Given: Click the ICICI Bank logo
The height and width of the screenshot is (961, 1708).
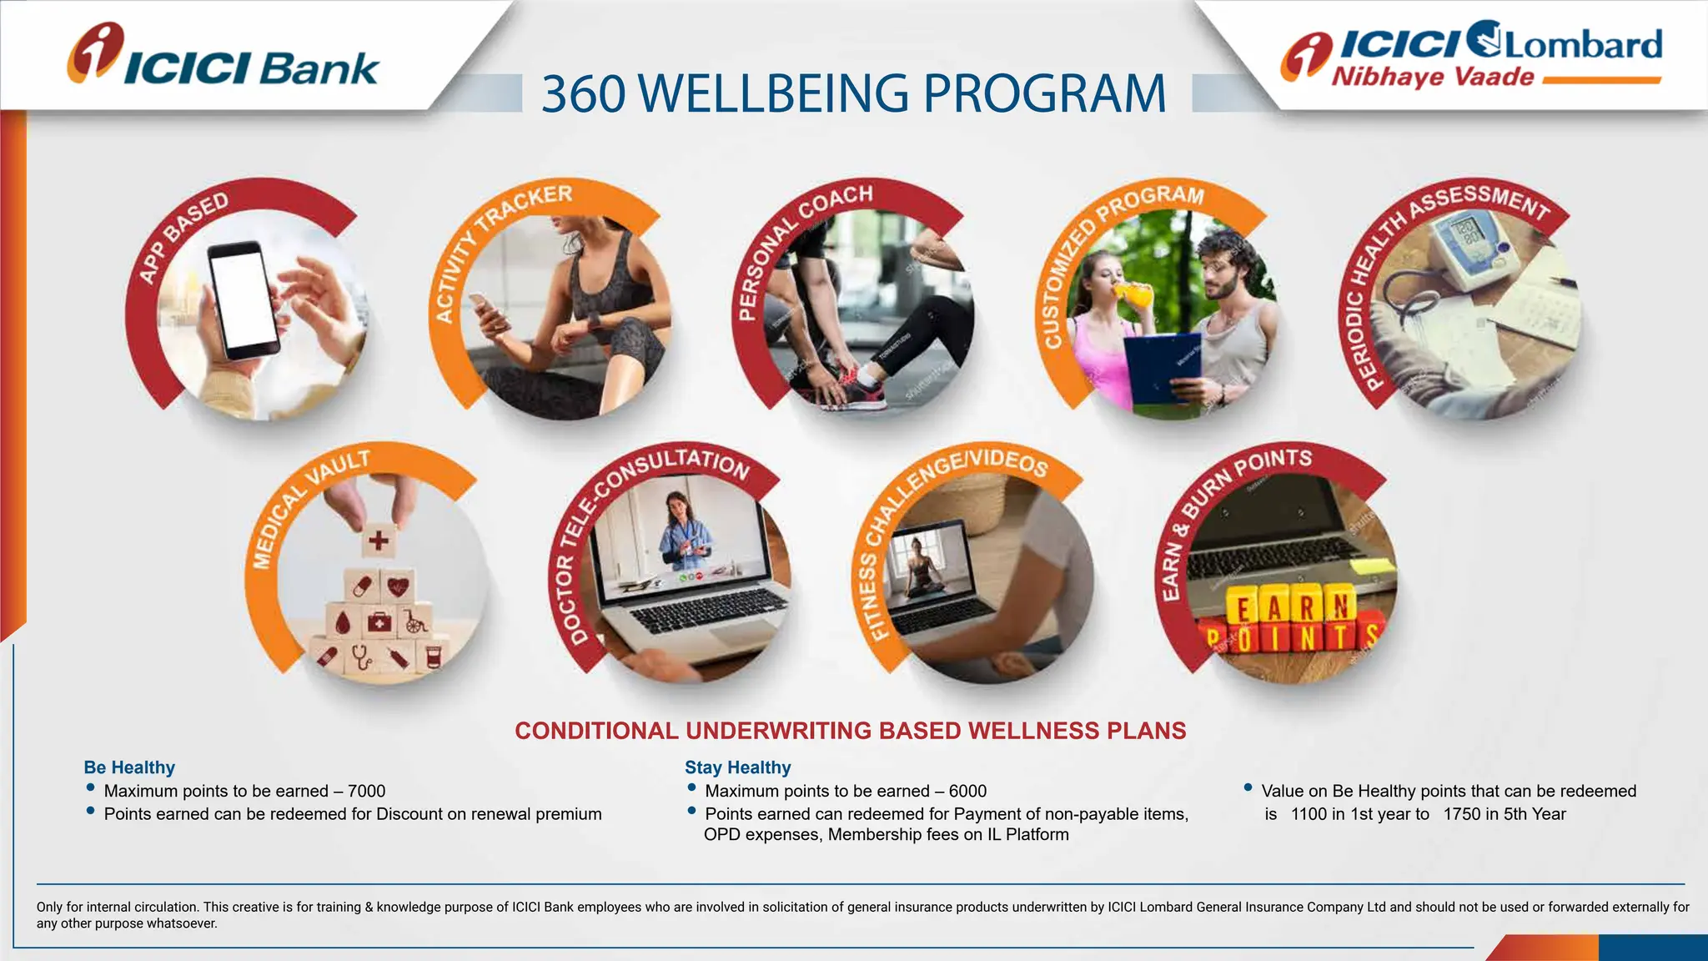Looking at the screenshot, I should pos(223,57).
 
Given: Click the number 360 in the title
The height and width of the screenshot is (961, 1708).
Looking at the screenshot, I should pos(583,93).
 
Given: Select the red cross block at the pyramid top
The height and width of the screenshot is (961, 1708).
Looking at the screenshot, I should pos(379,541).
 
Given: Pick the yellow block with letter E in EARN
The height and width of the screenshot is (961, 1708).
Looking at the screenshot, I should pos(1243,608).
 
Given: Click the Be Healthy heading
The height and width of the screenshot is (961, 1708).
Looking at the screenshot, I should pos(129,767).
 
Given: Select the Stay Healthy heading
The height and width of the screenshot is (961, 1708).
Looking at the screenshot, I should pos(737,767).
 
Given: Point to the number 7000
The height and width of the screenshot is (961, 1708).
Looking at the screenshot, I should pos(366,791).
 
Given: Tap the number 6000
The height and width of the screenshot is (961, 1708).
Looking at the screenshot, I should pos(967,791).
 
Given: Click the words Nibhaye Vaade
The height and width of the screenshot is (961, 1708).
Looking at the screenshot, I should pos(1432,78).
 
